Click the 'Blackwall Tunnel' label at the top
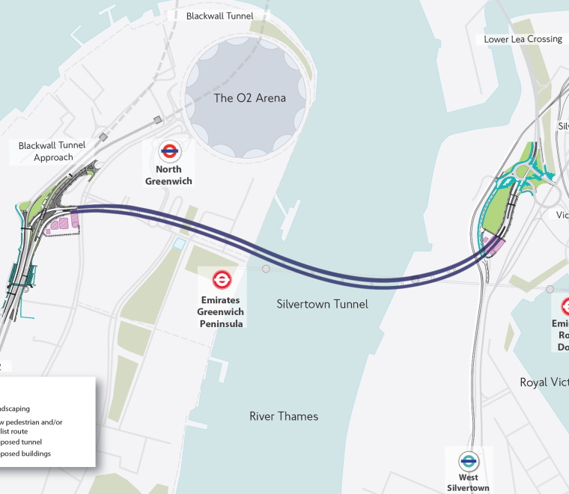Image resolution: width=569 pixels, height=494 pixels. [x=219, y=16]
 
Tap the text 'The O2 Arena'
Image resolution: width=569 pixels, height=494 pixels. [x=249, y=98]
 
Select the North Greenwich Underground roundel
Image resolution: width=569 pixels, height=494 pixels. [x=170, y=153]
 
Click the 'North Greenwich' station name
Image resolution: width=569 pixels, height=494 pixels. [x=170, y=175]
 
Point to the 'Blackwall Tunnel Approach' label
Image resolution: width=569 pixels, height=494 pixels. [x=52, y=151]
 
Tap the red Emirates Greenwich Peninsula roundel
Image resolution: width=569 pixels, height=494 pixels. [x=222, y=280]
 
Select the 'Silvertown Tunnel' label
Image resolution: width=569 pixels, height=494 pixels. [x=322, y=304]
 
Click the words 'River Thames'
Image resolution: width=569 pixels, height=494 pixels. [x=284, y=416]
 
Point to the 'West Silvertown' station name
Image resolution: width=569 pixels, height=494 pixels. [x=469, y=483]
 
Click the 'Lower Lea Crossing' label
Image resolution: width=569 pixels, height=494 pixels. [x=523, y=39]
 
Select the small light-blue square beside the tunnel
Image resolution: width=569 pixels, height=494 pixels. [x=178, y=244]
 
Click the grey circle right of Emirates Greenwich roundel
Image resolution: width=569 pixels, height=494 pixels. [x=266, y=268]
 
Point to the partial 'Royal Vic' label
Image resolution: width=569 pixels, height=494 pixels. [x=544, y=382]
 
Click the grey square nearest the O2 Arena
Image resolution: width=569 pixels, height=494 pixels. [x=157, y=120]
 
